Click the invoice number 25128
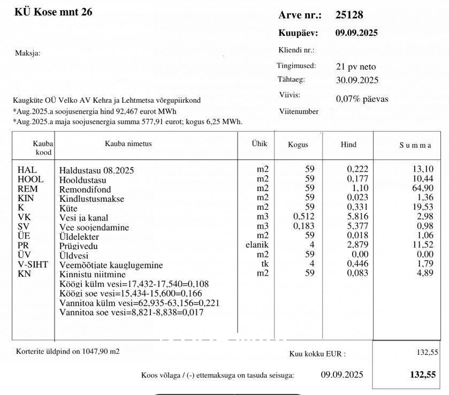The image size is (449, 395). [x=349, y=15]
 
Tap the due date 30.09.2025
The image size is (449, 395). [x=357, y=80]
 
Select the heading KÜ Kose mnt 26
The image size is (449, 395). [x=53, y=12]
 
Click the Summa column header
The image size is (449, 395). [x=415, y=145]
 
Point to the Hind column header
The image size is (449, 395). [x=348, y=145]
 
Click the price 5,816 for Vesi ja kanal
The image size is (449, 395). [x=357, y=217]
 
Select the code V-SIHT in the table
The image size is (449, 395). [x=33, y=265]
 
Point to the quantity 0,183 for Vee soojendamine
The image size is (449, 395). [x=304, y=227]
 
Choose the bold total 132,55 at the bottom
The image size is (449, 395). [x=422, y=374]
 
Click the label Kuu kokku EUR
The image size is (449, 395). [x=317, y=353]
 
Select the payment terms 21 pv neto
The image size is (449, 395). [x=356, y=67]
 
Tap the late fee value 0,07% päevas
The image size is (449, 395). [x=362, y=99]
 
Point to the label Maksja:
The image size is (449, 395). [x=28, y=53]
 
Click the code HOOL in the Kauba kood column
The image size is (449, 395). [x=31, y=179]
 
